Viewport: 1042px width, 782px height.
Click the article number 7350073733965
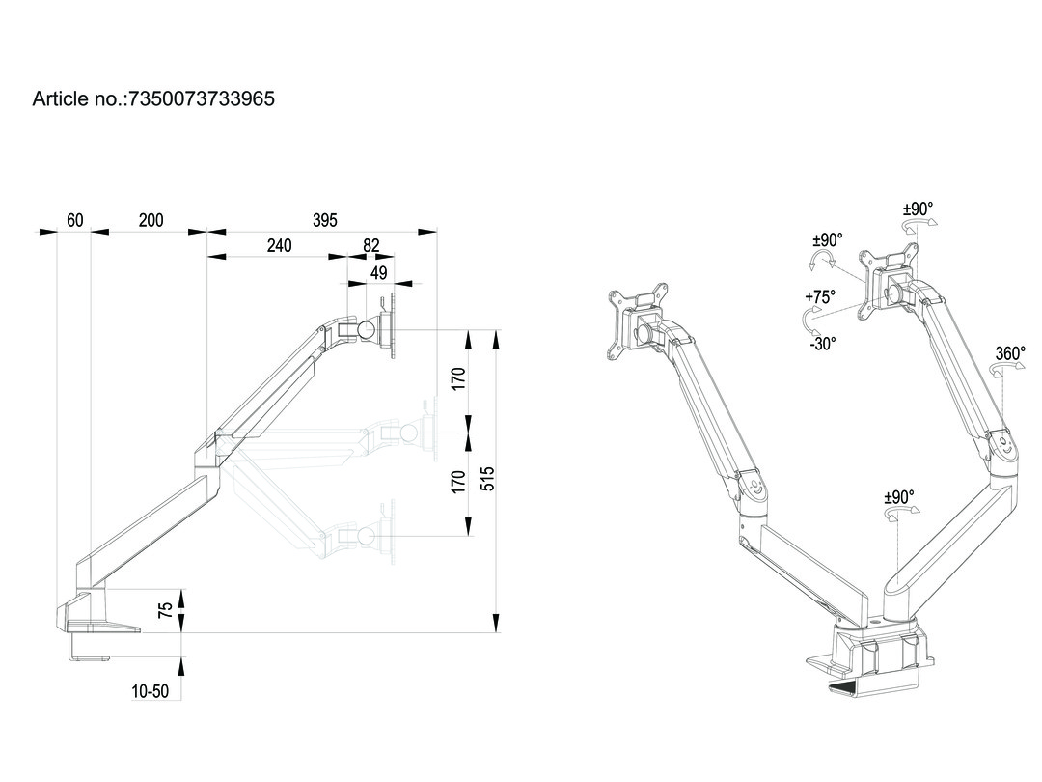pyautogui.click(x=199, y=98)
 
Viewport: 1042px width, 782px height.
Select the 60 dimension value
pyautogui.click(x=74, y=220)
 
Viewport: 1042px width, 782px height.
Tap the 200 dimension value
pyautogui.click(x=151, y=220)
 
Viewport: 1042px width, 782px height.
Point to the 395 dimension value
pyautogui.click(x=325, y=220)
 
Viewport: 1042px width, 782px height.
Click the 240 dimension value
pyautogui.click(x=279, y=246)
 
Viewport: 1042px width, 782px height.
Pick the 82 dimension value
pyautogui.click(x=371, y=246)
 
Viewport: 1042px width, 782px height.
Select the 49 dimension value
pyautogui.click(x=379, y=273)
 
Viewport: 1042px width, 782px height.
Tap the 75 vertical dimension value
pyautogui.click(x=166, y=609)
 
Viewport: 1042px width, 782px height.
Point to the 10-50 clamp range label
pyautogui.click(x=151, y=691)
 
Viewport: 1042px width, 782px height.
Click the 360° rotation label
pyautogui.click(x=1010, y=354)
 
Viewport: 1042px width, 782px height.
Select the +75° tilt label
pyautogui.click(x=820, y=297)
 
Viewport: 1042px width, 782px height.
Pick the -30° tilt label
pyautogui.click(x=822, y=342)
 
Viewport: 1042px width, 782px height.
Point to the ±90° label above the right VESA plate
pyautogui.click(x=918, y=209)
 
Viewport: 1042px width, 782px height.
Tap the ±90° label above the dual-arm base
pyautogui.click(x=899, y=497)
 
